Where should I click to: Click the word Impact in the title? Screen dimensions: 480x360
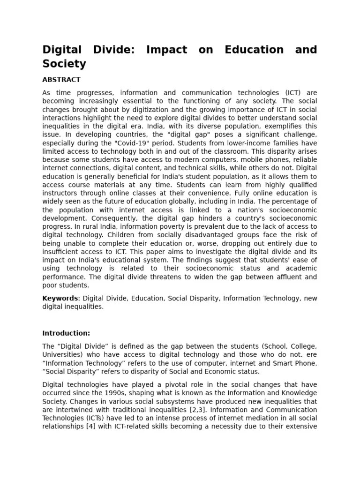[x=166, y=50]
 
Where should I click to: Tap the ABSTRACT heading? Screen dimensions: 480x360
[x=61, y=80]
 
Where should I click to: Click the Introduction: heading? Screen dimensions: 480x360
[x=66, y=333]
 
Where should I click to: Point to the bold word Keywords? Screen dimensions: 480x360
[x=60, y=298]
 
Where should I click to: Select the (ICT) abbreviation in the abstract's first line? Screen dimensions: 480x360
[x=281, y=92]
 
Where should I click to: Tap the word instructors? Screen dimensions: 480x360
[x=58, y=193]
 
